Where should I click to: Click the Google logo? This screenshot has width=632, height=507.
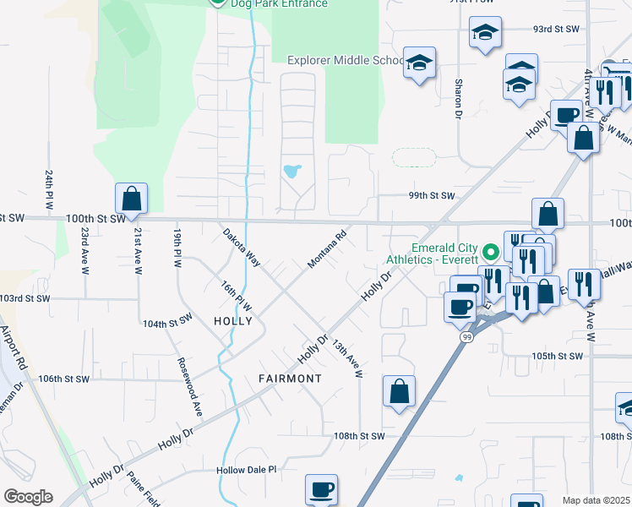[x=28, y=497]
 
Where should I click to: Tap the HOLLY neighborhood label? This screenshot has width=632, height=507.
[x=233, y=321]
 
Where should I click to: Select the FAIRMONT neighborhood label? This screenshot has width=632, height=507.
[x=290, y=379]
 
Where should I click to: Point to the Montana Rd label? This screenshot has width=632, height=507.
[x=328, y=251]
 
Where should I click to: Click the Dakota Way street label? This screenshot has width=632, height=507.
[x=241, y=248]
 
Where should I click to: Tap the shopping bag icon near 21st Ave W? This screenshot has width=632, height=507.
[x=132, y=199]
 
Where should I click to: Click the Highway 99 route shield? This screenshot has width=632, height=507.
[x=466, y=336]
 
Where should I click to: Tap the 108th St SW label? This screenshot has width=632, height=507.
[x=358, y=436]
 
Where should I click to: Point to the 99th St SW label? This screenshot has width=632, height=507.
[x=432, y=196]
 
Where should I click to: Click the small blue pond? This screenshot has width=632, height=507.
[x=291, y=172]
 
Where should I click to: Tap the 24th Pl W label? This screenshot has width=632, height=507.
[x=49, y=190]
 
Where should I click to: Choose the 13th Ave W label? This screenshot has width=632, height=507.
[x=346, y=358]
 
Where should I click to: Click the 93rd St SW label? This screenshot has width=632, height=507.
[x=555, y=29]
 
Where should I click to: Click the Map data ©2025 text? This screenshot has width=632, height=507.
[x=596, y=500]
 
